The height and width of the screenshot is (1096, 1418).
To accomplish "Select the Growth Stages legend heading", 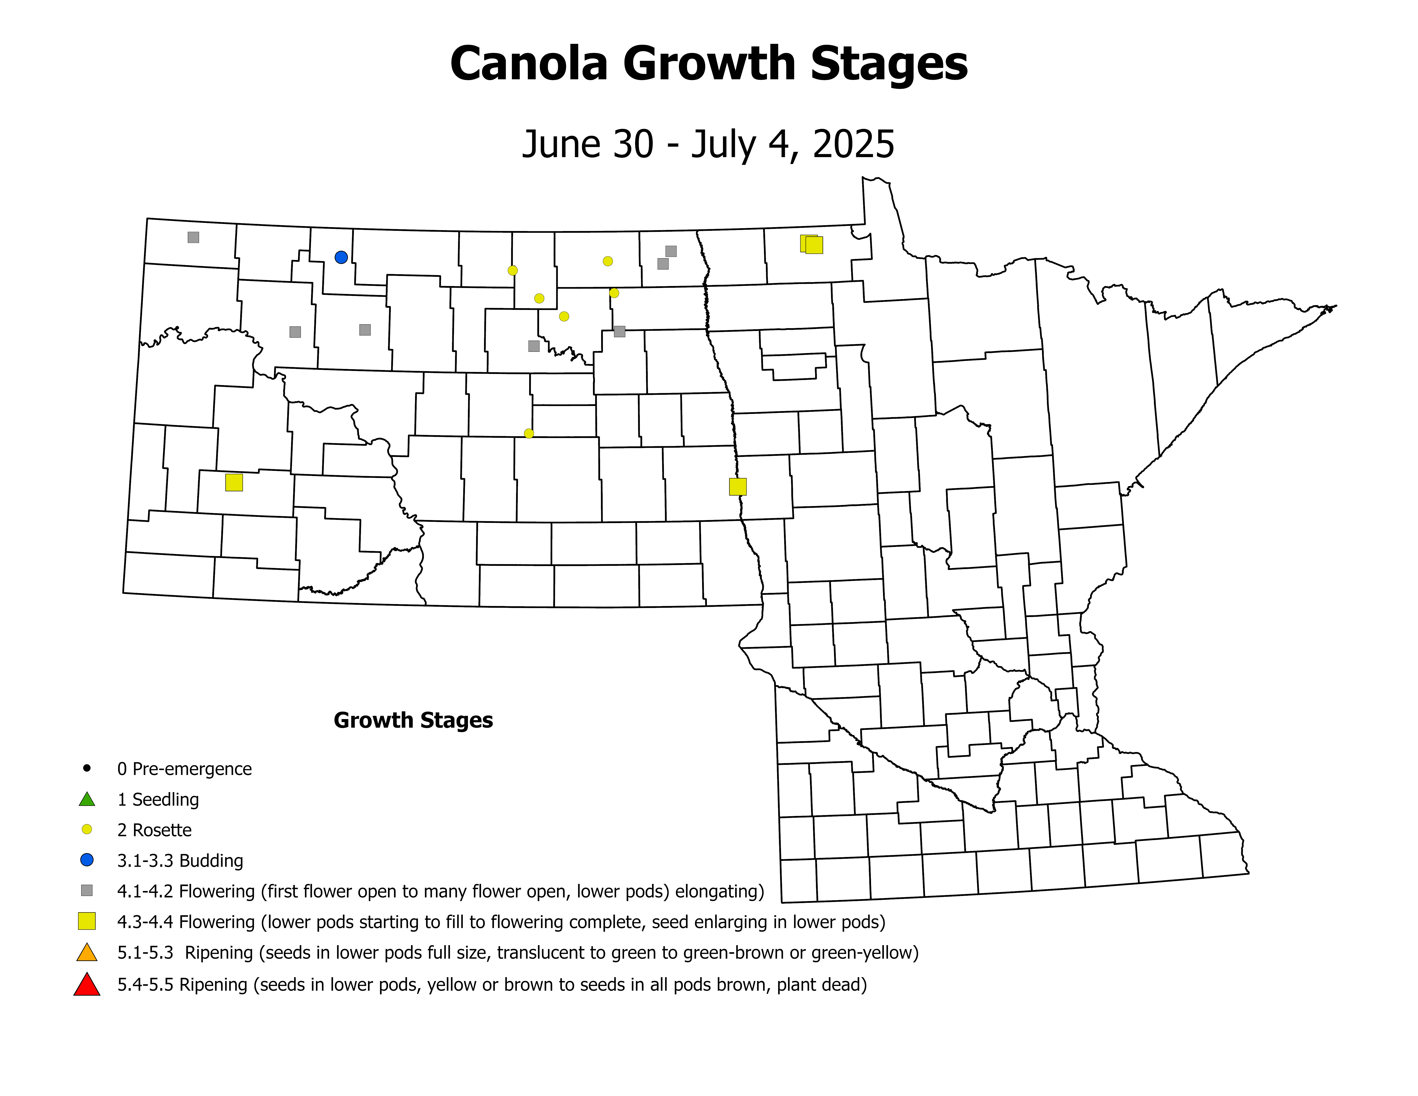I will [x=413, y=720].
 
